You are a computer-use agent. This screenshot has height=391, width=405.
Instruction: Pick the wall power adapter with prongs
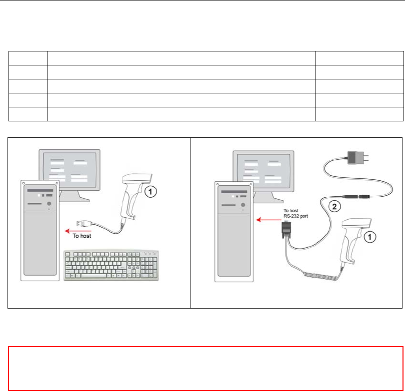(357, 156)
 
